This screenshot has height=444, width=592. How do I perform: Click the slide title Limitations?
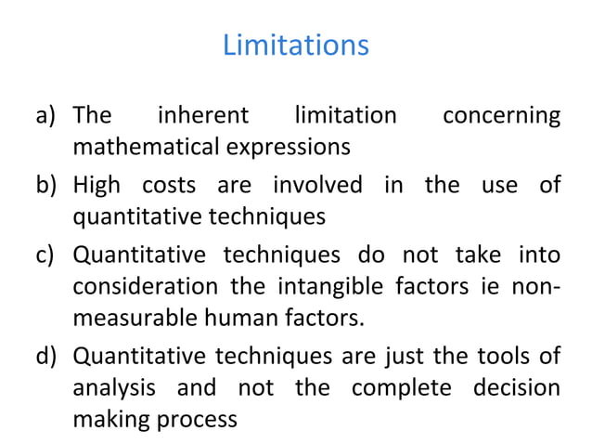coord(295,45)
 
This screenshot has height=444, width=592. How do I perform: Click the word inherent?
coord(203,117)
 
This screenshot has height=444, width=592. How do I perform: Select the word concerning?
coord(501,117)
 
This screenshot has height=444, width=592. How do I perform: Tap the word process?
coord(199,419)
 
